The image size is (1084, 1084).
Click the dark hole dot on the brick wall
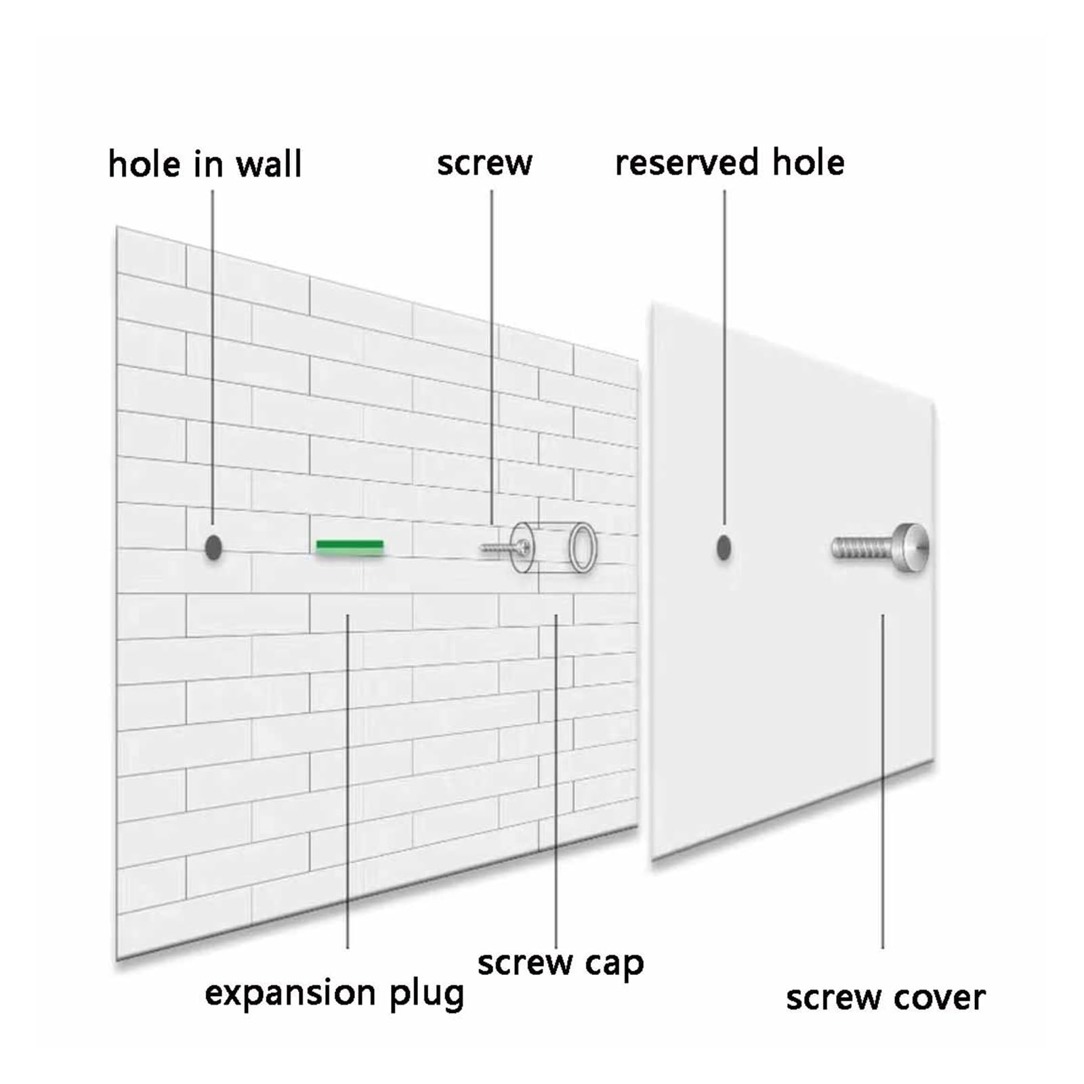[213, 547]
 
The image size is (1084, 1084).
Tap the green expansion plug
[350, 547]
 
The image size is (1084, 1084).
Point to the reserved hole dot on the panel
[724, 547]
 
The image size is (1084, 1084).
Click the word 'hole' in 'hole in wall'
[140, 165]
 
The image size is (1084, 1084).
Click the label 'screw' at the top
[484, 164]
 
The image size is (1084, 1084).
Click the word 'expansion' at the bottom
[290, 995]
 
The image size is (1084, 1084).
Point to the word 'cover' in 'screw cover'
[939, 999]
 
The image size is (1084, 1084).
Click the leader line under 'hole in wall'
[213, 358]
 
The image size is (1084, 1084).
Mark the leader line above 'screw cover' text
[882, 781]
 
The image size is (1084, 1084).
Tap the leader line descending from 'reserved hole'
[724, 358]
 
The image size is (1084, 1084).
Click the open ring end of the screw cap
[583, 547]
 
